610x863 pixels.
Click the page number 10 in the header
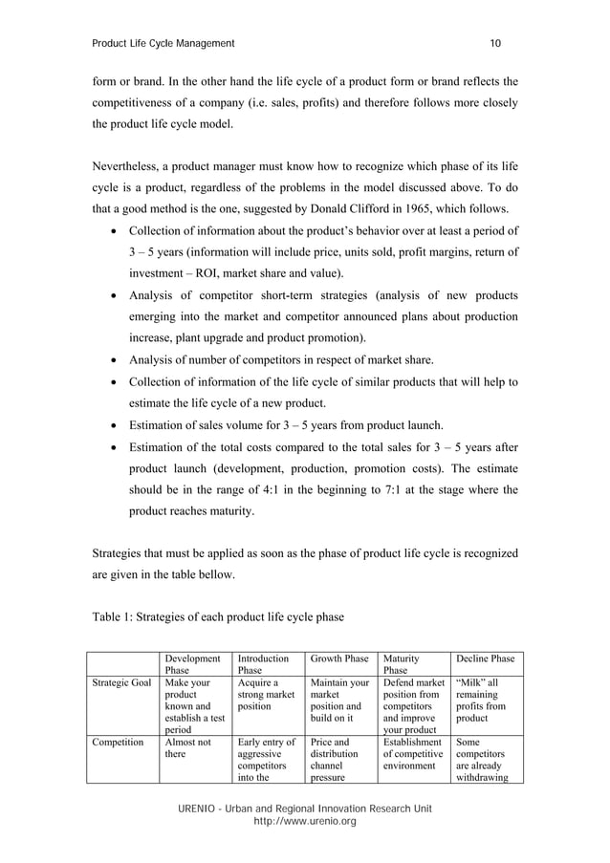point(495,43)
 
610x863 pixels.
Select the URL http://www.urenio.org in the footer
point(304,821)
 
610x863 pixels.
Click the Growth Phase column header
point(338,658)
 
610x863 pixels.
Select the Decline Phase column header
point(485,658)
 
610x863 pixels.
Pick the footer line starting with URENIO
point(304,809)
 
